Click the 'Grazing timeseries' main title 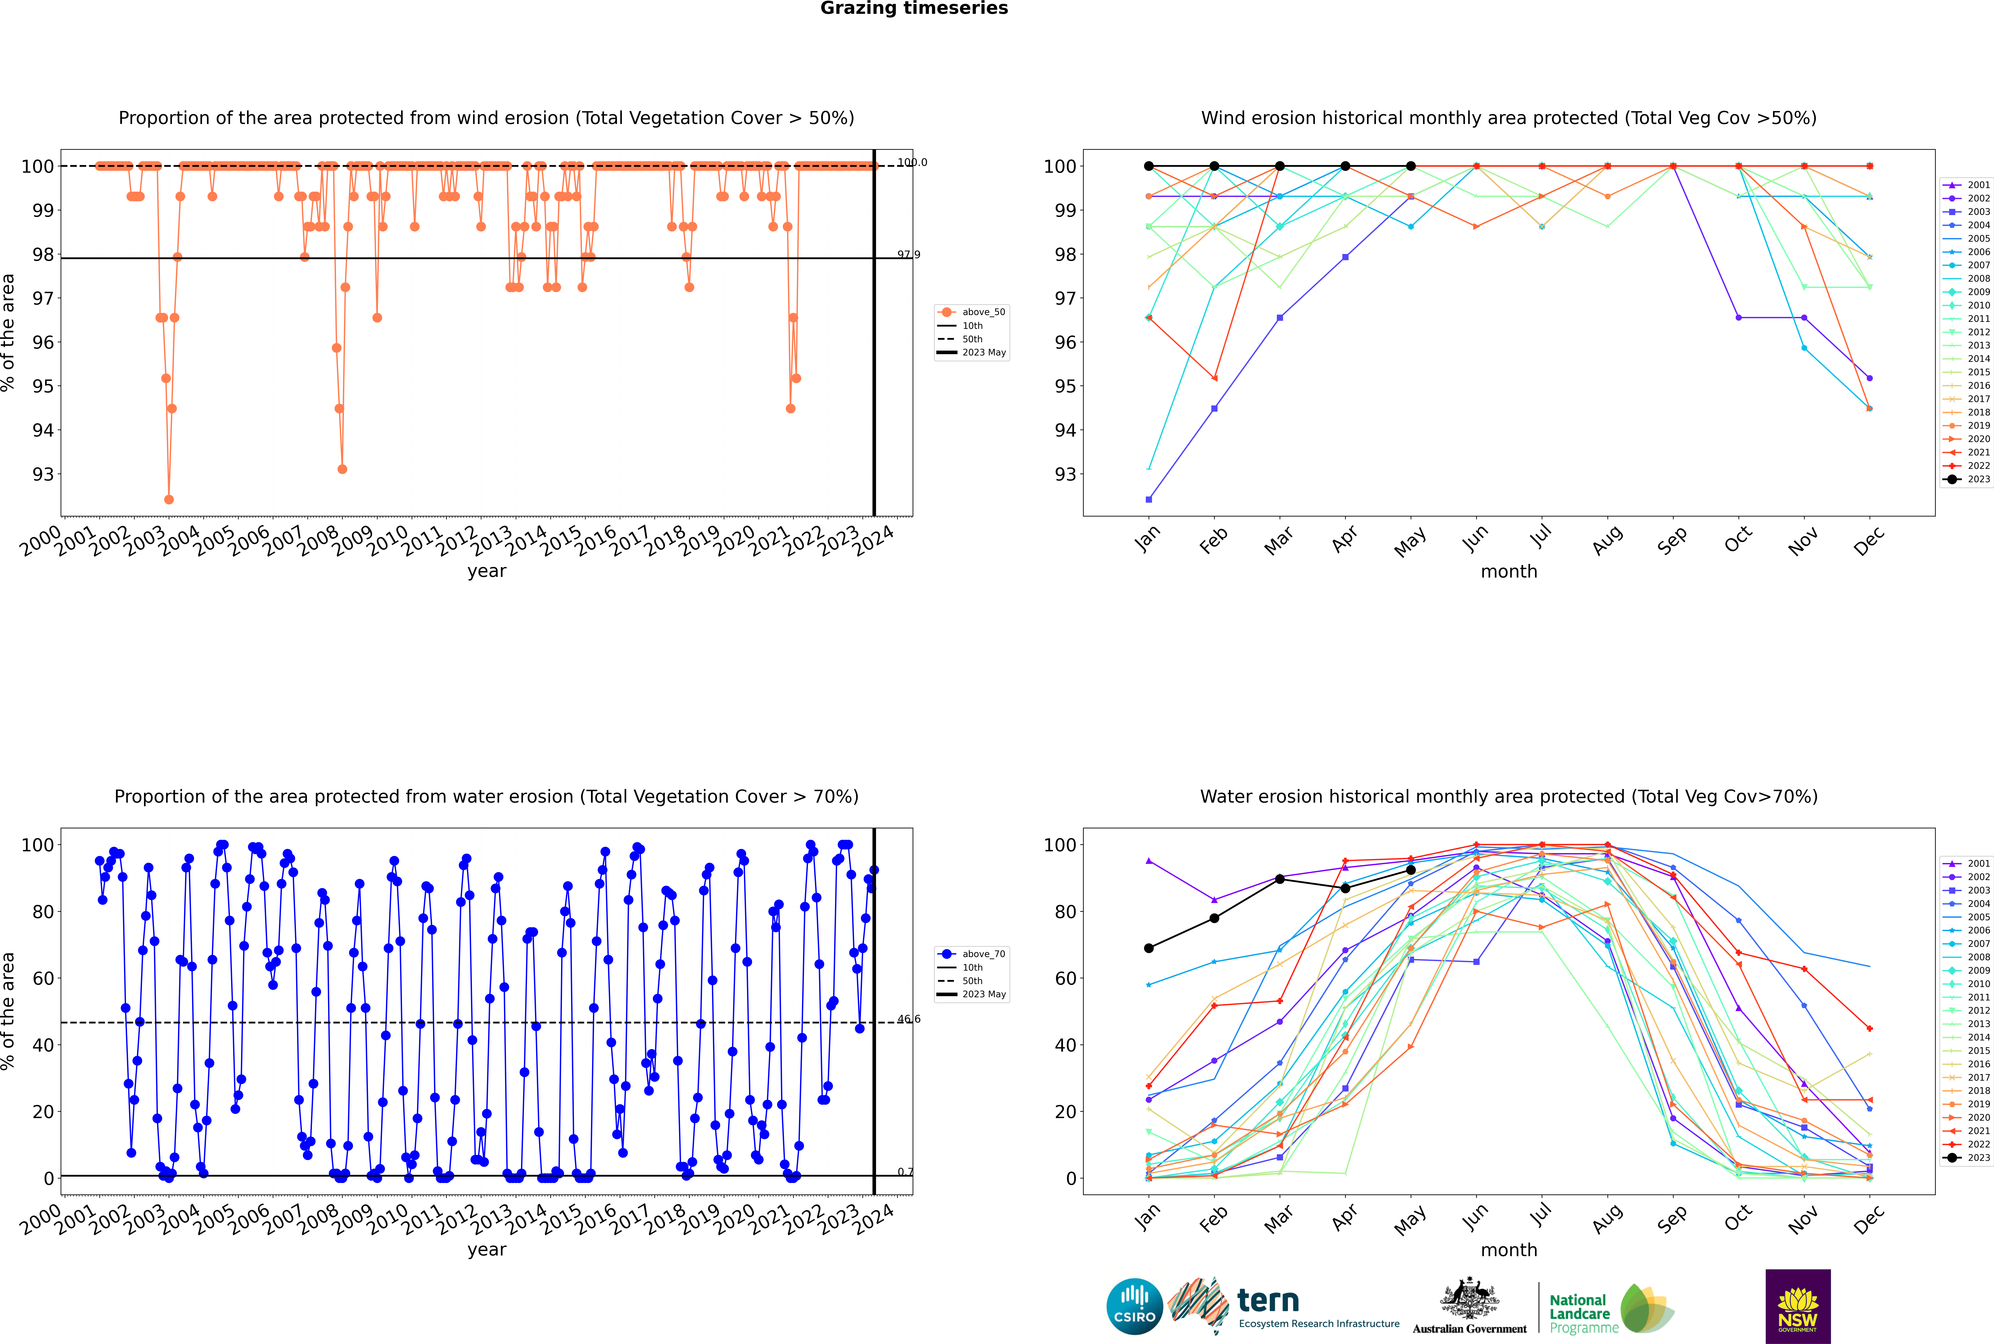click(914, 9)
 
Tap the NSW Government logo click(1798, 1305)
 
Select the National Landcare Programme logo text click(1579, 1313)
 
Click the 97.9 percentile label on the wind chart click(909, 255)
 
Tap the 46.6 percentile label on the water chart click(909, 1019)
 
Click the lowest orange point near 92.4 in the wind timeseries click(169, 500)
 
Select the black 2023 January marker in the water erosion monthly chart click(1149, 948)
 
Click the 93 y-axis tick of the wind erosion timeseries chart click(43, 474)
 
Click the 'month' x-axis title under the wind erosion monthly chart click(1509, 572)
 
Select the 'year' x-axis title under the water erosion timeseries click(487, 1250)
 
